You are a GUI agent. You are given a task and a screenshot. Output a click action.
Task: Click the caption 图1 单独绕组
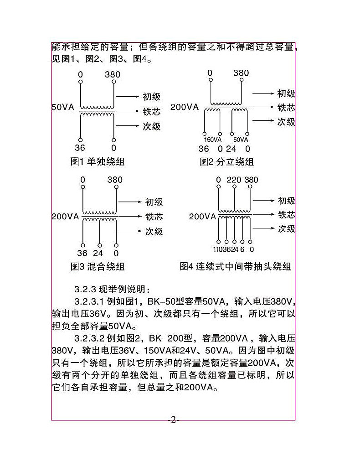coord(98,161)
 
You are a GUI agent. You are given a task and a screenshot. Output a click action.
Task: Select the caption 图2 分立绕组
coord(226,161)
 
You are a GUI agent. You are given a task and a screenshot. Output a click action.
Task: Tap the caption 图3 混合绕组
coord(98,266)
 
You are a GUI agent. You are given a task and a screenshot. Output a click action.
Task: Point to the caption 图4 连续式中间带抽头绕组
coord(235,266)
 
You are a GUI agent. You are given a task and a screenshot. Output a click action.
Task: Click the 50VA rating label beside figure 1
coord(62,108)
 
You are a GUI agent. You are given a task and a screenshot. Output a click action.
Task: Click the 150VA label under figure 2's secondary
coord(212,140)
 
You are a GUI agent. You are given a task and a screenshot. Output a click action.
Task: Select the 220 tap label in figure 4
coord(234,180)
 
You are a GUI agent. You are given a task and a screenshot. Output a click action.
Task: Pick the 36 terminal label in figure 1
coord(80,148)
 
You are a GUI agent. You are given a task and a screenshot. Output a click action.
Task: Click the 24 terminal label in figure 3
coord(98,253)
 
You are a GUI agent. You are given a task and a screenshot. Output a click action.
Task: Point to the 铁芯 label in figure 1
coord(152,111)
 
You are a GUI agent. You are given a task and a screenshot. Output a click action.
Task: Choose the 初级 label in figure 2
coord(286,93)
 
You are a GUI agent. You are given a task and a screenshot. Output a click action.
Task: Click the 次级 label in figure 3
coord(154,231)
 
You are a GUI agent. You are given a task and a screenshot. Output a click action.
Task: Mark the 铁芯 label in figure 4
coord(287,215)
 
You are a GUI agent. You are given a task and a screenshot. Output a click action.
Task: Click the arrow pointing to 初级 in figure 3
coord(129,202)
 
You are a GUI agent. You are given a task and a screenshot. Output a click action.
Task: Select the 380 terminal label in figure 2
coord(241,73)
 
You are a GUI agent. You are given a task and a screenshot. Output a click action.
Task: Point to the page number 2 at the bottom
coord(173,420)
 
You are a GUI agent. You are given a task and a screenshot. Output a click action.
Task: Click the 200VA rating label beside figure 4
coord(202,217)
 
